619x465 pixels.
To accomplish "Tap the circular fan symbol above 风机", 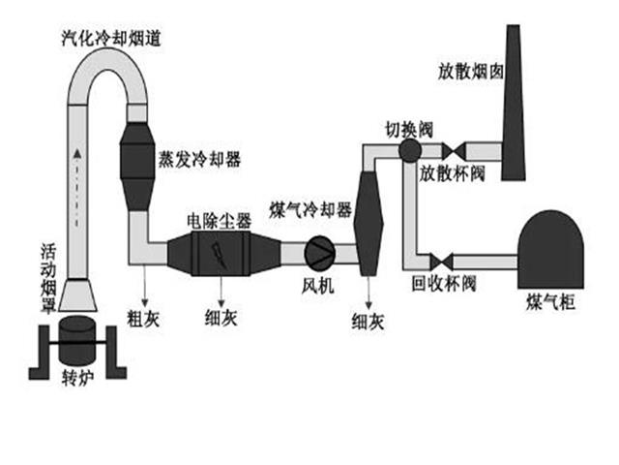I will [x=320, y=252].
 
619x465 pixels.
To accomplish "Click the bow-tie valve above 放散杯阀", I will [x=453, y=151].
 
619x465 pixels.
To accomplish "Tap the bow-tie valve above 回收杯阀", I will [x=441, y=261].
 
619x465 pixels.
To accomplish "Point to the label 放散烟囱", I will [x=469, y=71].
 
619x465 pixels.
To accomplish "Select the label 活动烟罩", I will [x=48, y=275].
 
